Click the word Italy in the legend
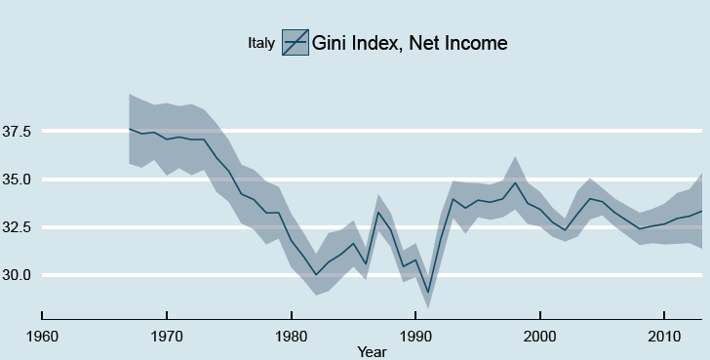coord(261,43)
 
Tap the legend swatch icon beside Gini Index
coord(296,43)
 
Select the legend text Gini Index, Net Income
coord(410,43)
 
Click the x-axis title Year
coord(371,350)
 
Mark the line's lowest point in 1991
coord(428,292)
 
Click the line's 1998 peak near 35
coord(515,182)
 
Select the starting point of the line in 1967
coord(129,129)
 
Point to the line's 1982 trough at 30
coord(316,275)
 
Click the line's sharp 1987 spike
coord(378,212)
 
